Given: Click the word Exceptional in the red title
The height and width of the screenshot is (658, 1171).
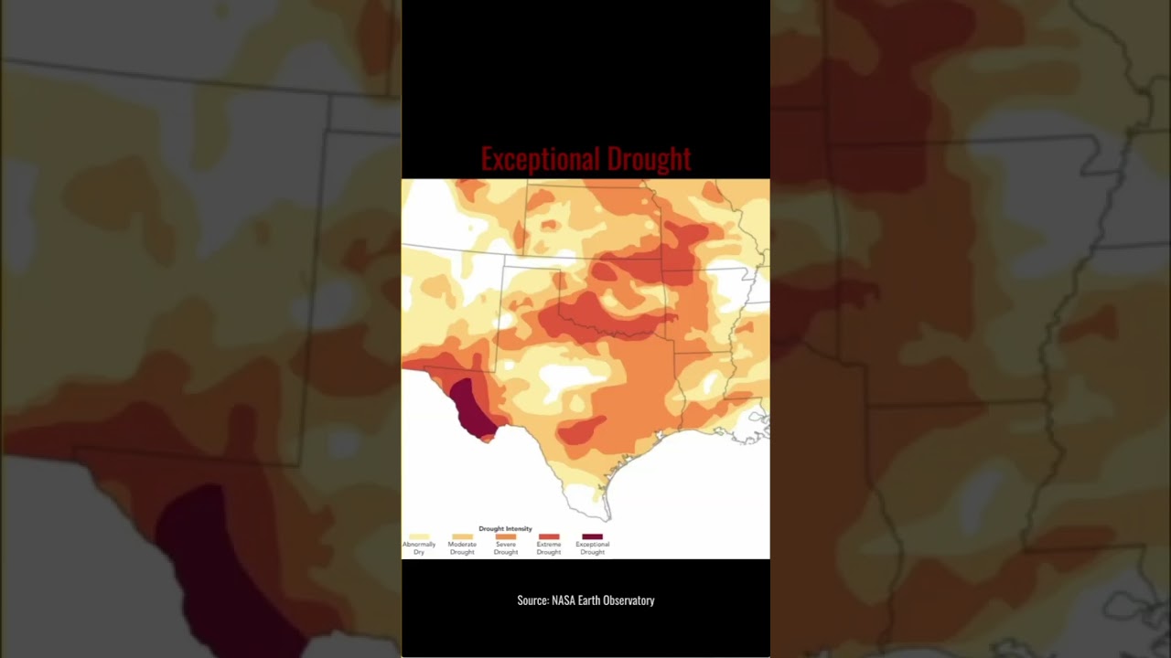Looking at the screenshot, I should coord(538,159).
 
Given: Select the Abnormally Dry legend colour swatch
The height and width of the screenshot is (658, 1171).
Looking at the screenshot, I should coord(419,537).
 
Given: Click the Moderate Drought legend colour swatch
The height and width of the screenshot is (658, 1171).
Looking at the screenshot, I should coord(462,537).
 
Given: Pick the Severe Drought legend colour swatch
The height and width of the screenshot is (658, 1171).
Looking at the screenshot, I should coord(505,537).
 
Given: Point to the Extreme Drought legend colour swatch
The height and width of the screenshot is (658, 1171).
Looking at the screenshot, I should coord(549,537).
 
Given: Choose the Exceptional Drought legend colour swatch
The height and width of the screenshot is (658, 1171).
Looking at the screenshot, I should coord(592,537).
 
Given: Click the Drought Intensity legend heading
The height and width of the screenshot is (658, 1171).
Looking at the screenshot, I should coord(505,528).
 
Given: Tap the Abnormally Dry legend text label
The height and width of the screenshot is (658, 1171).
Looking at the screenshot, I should coord(419,548).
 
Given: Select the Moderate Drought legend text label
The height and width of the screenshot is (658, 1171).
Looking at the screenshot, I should coord(462,548).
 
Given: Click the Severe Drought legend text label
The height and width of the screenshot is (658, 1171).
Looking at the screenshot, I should coord(506,548).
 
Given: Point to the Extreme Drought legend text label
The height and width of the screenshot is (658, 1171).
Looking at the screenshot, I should coord(549,548).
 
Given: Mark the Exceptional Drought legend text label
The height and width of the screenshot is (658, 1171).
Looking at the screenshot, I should coord(592,548).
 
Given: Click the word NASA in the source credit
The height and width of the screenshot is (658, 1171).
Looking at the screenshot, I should coord(563,600).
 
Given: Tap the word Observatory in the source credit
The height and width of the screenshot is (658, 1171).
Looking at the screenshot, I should coord(629,600).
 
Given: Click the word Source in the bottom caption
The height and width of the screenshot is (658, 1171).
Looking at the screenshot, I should coord(532,600).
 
